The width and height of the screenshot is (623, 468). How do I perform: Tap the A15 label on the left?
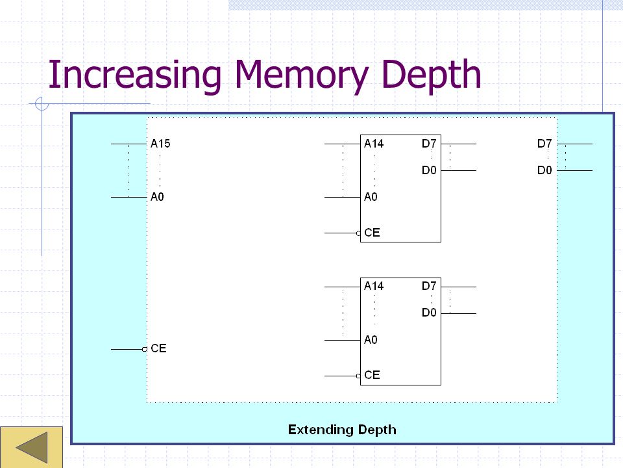tap(160, 144)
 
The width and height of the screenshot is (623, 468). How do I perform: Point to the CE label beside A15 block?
tap(158, 349)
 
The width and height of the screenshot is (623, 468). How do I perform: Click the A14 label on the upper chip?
tap(374, 144)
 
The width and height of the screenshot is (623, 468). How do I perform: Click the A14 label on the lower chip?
tap(374, 286)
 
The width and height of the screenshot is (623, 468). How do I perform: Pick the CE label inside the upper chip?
tap(372, 233)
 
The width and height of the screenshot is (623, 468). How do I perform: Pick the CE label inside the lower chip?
tap(372, 375)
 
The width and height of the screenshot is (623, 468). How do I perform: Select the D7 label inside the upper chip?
tap(429, 144)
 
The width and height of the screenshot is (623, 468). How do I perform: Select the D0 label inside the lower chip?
tap(429, 313)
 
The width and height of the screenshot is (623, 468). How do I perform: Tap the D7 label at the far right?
tap(544, 144)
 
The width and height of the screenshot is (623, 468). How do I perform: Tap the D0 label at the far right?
tap(544, 171)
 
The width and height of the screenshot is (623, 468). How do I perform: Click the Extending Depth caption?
tap(342, 430)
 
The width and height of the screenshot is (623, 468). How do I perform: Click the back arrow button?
tap(31, 448)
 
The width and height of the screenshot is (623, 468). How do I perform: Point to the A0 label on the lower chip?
tap(371, 340)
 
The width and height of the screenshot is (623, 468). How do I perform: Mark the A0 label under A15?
tap(158, 197)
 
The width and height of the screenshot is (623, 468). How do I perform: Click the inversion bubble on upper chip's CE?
tap(358, 233)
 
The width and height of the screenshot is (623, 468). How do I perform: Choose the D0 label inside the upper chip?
tap(429, 171)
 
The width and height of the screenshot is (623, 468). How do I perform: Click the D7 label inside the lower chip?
tap(429, 286)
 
